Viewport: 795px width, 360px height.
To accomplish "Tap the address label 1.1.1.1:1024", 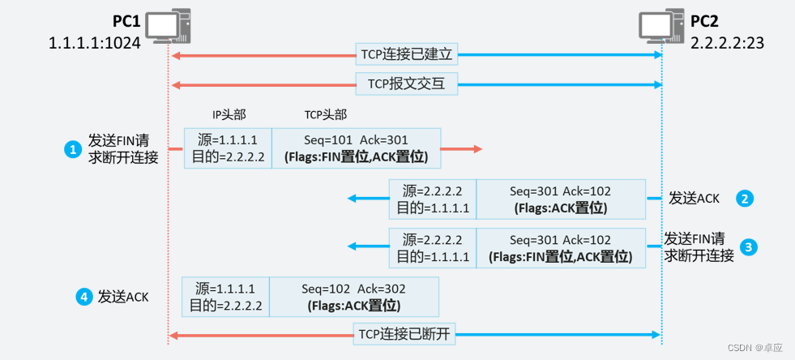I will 95,42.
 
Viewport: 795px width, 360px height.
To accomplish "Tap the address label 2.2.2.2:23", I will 728,42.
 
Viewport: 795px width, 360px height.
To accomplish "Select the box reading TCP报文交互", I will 412,83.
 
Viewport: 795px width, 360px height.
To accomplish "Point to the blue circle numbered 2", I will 746,198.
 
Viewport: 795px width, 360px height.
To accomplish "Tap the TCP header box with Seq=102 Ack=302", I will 353,297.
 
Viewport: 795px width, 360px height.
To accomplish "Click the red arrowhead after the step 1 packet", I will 477,148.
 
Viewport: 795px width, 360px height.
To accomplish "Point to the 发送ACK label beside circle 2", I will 694,198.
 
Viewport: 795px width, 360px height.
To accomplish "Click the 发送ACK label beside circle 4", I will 123,298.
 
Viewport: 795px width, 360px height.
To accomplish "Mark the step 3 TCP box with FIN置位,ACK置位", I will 560,248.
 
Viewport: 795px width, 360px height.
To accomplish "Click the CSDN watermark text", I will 756,347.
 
